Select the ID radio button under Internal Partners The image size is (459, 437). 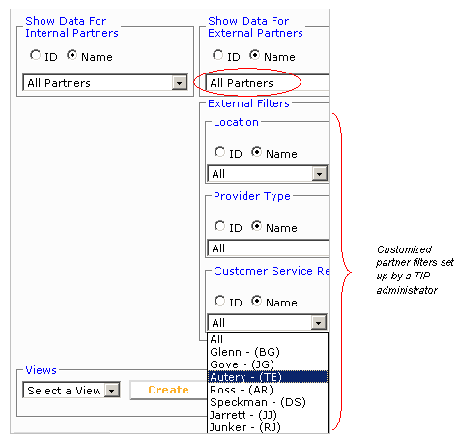pyautogui.click(x=35, y=55)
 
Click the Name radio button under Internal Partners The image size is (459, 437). pyautogui.click(x=72, y=55)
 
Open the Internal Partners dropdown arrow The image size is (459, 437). pyautogui.click(x=179, y=83)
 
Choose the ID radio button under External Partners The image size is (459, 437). pyautogui.click(x=217, y=55)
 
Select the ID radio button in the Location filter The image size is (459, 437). pyautogui.click(x=219, y=152)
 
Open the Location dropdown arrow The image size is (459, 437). pyautogui.click(x=319, y=174)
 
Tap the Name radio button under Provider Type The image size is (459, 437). pyautogui.click(x=256, y=226)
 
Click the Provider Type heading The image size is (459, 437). pyautogui.click(x=252, y=196)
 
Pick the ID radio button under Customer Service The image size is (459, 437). pyautogui.click(x=219, y=301)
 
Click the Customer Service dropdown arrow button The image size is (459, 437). pyautogui.click(x=319, y=322)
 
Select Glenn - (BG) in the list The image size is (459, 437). pyautogui.click(x=244, y=352)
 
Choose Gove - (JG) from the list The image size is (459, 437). pyautogui.click(x=242, y=364)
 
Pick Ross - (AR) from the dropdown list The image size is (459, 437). pyautogui.click(x=242, y=390)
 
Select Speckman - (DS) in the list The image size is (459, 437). pyautogui.click(x=258, y=402)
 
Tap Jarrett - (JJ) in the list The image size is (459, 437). pyautogui.click(x=244, y=415)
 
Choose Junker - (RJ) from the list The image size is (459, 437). pyautogui.click(x=245, y=427)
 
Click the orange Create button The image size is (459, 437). pyautogui.click(x=168, y=390)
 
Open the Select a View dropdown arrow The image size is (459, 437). pyautogui.click(x=112, y=391)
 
